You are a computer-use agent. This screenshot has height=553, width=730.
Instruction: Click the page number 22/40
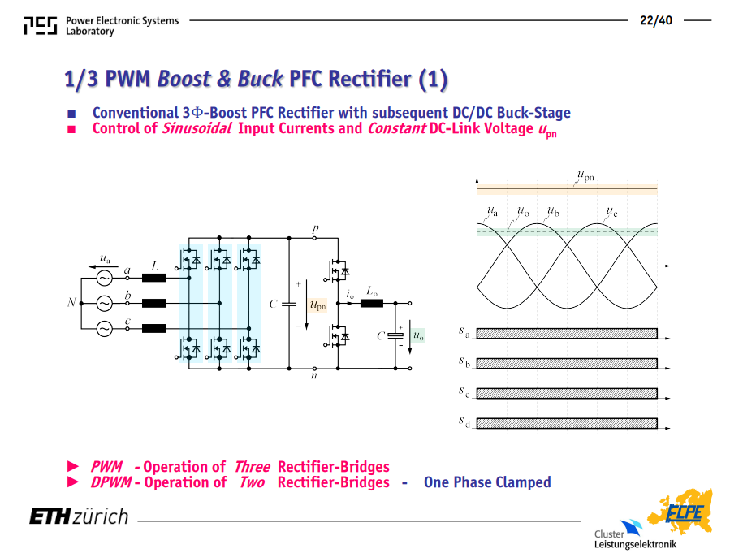click(655, 20)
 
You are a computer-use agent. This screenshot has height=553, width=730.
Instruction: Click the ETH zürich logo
click(79, 516)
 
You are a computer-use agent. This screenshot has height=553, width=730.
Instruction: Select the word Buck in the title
click(260, 79)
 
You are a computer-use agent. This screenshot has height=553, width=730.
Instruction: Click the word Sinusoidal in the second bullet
click(196, 128)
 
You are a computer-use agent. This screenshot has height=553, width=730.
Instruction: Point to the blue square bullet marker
click(71, 114)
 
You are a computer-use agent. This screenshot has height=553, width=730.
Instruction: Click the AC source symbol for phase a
click(104, 279)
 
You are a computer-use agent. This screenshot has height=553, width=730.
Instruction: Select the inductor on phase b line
click(153, 304)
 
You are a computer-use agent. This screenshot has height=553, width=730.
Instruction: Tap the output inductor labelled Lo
click(372, 304)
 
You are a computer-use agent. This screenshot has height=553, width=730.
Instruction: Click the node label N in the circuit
click(71, 303)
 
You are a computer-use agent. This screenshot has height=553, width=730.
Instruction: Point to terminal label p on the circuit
click(315, 228)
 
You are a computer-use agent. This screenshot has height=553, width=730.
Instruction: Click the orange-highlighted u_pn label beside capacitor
click(318, 305)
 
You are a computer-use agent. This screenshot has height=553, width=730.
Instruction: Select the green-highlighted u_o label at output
click(418, 335)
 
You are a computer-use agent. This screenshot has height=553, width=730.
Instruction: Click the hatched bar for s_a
click(567, 333)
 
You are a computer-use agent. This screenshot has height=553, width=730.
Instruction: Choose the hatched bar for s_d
click(567, 423)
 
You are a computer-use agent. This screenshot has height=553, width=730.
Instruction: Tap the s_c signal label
click(464, 392)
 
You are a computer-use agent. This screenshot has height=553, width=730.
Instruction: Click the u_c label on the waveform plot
click(611, 212)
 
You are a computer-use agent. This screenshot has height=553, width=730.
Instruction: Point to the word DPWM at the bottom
click(110, 482)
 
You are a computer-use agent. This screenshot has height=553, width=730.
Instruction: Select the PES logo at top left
click(41, 26)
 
